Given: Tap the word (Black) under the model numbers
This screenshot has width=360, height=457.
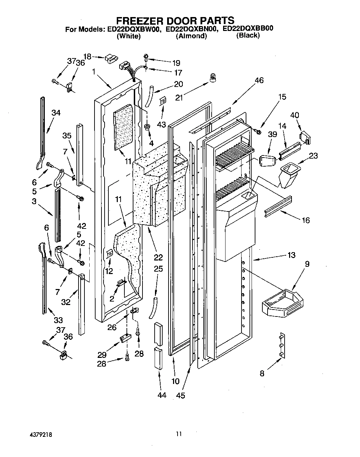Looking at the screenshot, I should point(248,35).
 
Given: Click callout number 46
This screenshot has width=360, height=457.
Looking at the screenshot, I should point(259,80).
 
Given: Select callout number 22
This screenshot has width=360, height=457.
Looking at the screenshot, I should point(158,257).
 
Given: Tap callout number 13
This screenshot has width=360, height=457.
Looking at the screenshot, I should point(291,255).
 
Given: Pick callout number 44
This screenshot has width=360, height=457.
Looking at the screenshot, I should point(162,395).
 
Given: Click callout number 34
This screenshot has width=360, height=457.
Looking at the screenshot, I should point(56,112).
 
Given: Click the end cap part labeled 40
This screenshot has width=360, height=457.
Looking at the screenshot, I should point(305,137).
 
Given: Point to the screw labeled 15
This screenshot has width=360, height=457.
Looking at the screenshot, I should point(257,131).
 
